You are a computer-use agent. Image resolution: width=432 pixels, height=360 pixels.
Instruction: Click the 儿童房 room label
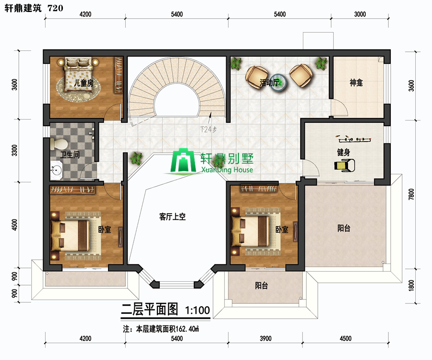pos(84,83)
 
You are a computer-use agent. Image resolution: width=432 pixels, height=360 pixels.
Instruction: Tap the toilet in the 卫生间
pos(59,144)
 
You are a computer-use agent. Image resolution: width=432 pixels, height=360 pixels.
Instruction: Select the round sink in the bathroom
pos(57,170)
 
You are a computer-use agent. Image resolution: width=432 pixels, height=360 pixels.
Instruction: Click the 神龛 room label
pos(356,83)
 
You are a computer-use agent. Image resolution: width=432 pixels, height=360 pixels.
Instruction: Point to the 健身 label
pos(344,152)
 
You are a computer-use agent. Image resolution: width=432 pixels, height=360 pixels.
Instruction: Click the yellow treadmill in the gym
pos(344,166)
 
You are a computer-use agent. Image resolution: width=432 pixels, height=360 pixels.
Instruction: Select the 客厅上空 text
pos(172,217)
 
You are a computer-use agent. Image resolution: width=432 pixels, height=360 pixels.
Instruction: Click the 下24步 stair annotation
pos(208,129)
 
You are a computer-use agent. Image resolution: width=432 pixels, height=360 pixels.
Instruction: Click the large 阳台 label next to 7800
pos(344,228)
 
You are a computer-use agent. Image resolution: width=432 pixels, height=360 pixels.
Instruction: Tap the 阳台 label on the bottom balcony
pos(261,286)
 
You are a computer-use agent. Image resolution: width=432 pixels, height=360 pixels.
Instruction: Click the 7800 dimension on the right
pos(411,194)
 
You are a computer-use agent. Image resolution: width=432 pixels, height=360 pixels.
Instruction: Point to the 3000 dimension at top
pos(360,14)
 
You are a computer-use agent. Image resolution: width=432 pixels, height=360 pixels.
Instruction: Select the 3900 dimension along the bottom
pos(265,338)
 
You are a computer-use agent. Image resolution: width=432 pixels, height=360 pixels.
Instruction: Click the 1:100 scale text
pos(198,311)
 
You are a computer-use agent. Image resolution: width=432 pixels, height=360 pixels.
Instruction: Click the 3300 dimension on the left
pos(14,150)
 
